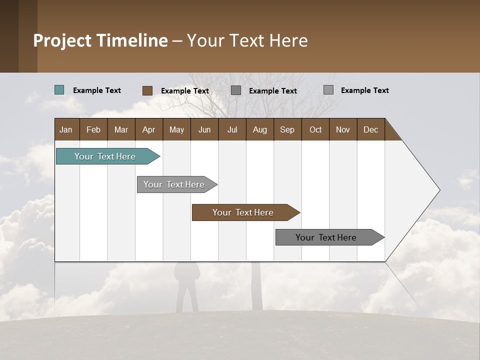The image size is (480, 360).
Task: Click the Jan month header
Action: [66, 129]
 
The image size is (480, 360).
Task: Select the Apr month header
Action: [148, 129]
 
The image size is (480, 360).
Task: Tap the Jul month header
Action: [232, 129]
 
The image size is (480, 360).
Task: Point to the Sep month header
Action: [287, 129]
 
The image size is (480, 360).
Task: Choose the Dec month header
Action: [370, 129]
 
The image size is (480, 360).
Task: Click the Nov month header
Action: [342, 129]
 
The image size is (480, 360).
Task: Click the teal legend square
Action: [59, 90]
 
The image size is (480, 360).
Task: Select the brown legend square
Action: [147, 90]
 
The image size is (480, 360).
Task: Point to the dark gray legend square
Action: [236, 90]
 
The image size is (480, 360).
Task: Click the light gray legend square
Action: [328, 90]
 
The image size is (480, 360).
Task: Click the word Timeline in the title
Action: [131, 40]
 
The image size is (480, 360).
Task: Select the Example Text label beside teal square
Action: [97, 90]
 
